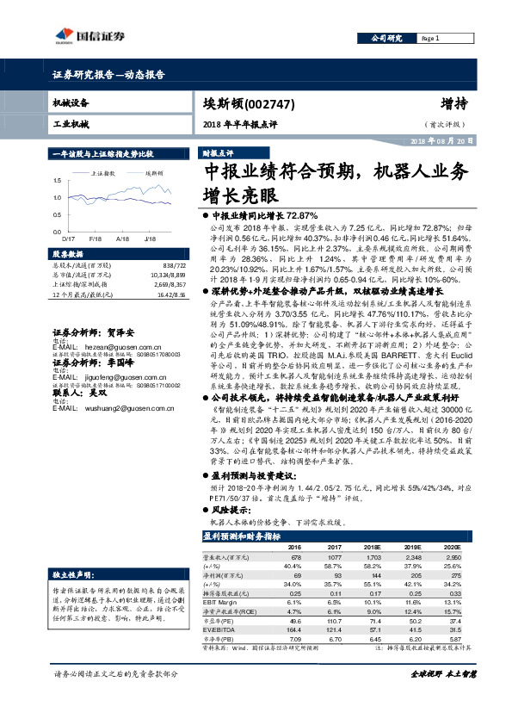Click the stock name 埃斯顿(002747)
click(250, 104)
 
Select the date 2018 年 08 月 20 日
click(441, 139)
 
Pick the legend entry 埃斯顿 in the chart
click(153, 173)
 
